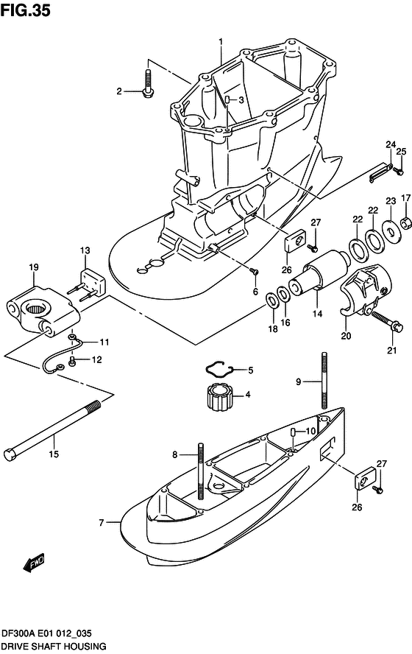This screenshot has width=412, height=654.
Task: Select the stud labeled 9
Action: pos(322,381)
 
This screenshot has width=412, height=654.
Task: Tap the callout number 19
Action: pos(34,267)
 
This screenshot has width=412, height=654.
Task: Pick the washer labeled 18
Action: pos(271,299)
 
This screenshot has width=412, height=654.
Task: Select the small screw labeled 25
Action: pos(397,171)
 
